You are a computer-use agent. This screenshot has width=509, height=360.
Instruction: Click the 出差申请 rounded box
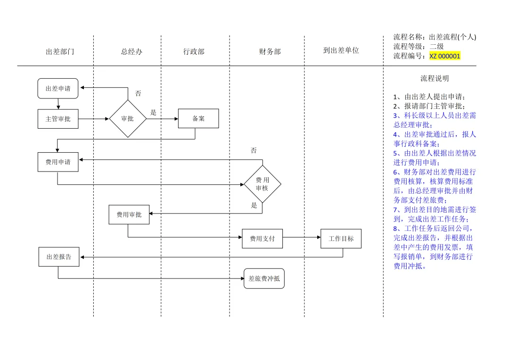click(x=58, y=89)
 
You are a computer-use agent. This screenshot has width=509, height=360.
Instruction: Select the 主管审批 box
click(x=58, y=119)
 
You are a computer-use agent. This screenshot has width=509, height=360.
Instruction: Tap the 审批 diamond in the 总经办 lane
click(x=128, y=119)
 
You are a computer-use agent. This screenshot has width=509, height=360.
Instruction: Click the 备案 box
click(x=198, y=119)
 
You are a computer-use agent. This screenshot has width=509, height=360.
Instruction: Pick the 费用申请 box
click(x=58, y=162)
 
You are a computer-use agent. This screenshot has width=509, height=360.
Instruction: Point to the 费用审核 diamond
click(x=263, y=184)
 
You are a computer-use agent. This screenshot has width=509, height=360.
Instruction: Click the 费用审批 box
click(x=129, y=215)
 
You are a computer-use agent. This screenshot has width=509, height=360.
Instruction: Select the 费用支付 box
click(x=262, y=239)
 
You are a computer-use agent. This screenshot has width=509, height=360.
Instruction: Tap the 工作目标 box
click(x=341, y=239)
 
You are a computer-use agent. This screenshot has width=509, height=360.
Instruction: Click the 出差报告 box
click(x=59, y=257)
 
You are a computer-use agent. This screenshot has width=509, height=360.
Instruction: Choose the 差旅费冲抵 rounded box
click(x=264, y=278)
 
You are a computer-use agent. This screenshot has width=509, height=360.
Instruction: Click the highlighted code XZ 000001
click(x=444, y=56)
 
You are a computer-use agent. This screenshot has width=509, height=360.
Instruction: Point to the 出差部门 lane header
click(x=60, y=52)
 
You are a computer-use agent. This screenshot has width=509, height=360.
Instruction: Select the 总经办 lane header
click(x=131, y=52)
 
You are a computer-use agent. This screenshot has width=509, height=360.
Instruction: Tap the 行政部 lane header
click(x=194, y=52)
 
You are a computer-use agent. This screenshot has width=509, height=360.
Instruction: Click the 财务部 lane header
click(x=270, y=52)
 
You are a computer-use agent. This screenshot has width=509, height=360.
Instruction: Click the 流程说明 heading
click(x=435, y=79)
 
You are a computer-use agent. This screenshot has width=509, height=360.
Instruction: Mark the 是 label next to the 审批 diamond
click(x=153, y=113)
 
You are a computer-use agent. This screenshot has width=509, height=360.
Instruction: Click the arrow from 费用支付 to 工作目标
click(x=302, y=238)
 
